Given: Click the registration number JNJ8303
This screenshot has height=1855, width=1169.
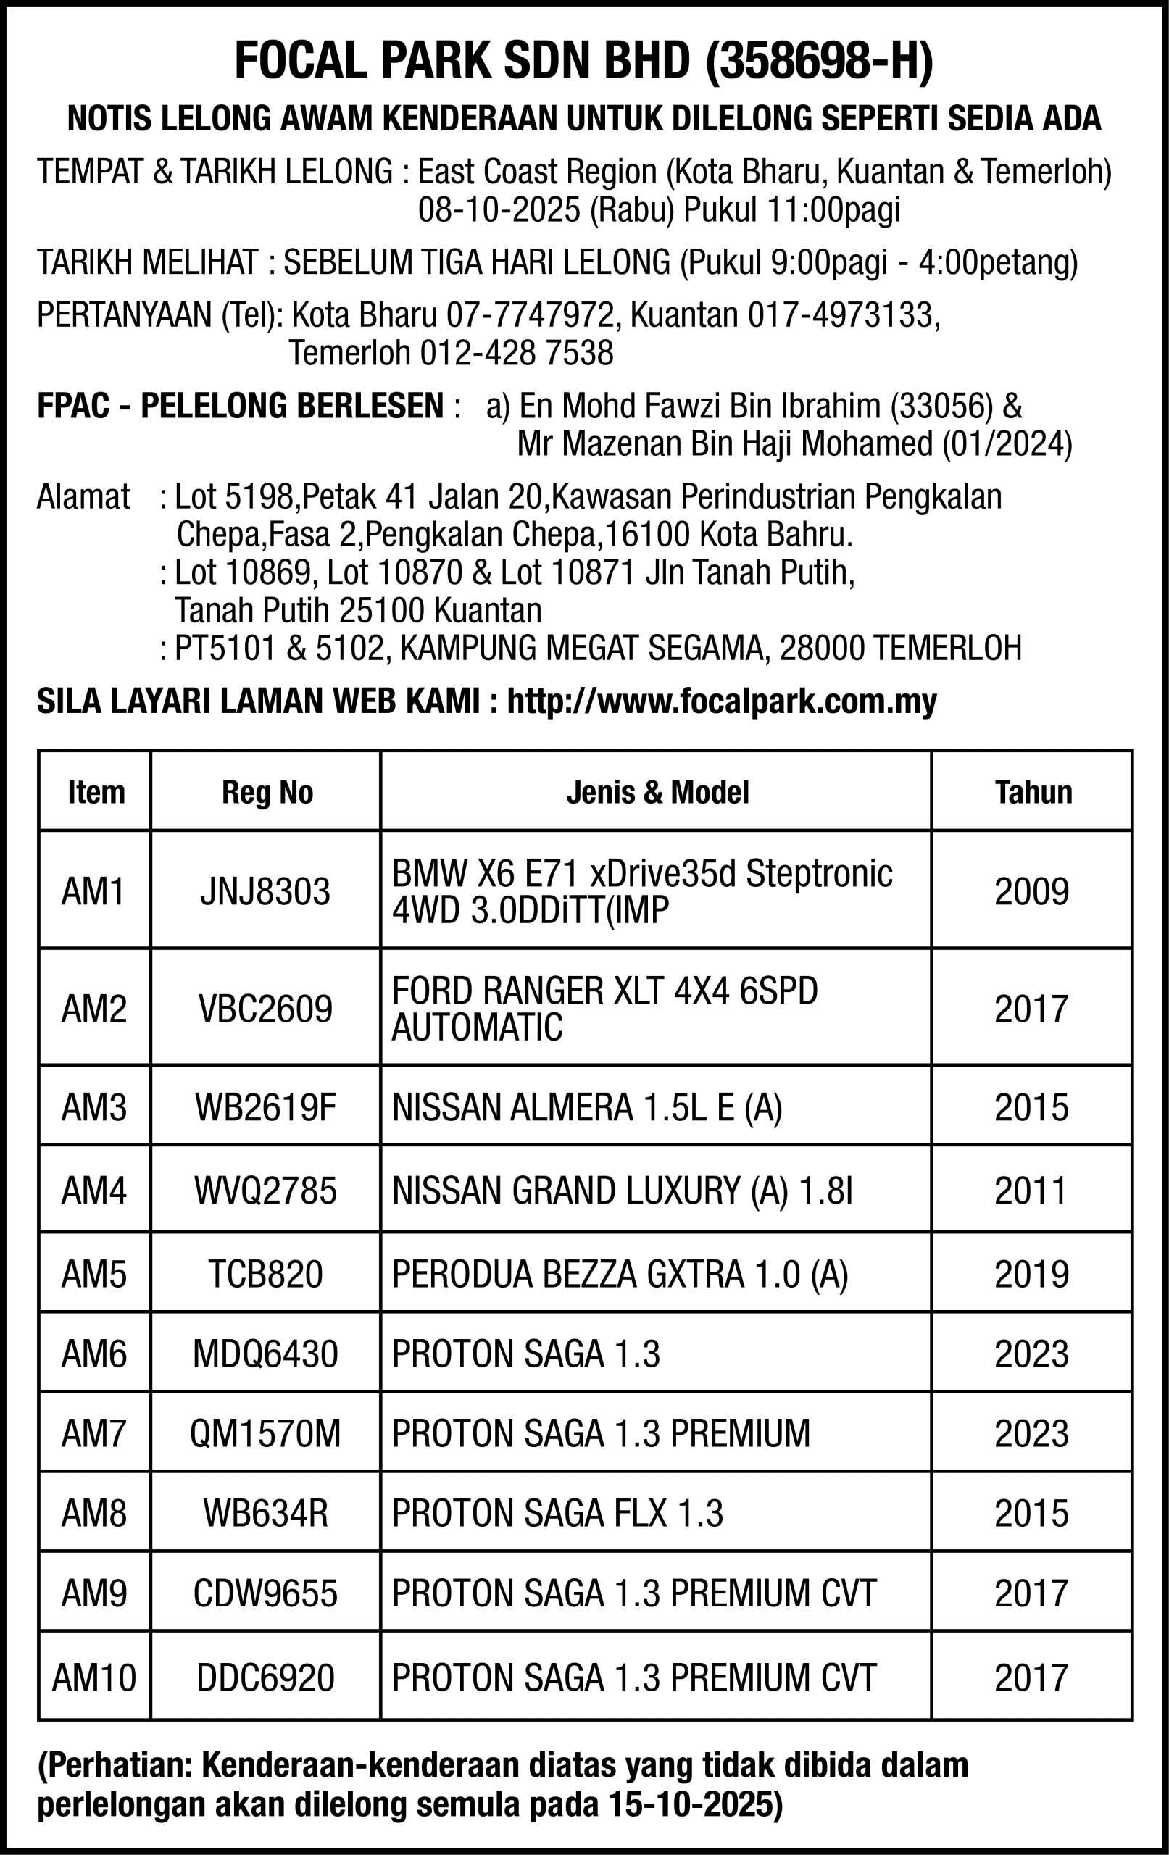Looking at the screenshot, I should tap(265, 892).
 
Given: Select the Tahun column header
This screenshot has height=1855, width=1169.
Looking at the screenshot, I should tap(1033, 792).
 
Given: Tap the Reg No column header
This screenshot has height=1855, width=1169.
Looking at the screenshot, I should tap(267, 792).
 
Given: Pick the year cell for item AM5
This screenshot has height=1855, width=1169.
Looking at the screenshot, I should tap(1031, 1274).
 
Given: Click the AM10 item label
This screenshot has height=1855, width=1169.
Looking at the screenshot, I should tap(94, 1677).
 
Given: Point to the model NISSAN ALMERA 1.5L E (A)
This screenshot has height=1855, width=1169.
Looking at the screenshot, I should tap(587, 1108).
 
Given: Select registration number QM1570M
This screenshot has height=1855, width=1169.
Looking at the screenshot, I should tap(265, 1433).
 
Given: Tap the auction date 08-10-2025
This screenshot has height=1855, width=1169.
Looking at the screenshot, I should tap(499, 210).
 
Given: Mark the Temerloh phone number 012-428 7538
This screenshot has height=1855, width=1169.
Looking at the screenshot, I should tap(516, 354).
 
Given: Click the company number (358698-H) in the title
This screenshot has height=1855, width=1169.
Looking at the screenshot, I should tap(818, 61).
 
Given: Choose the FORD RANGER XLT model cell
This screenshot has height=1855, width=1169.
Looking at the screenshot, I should tap(605, 1009).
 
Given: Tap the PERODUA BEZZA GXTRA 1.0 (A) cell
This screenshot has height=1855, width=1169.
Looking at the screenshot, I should tap(620, 1274).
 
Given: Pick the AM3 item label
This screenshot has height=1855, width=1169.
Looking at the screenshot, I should tap(94, 1108).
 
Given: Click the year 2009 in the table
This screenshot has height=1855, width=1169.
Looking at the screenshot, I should tap(1031, 892).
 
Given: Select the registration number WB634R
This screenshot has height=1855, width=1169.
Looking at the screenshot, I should tap(265, 1514).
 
